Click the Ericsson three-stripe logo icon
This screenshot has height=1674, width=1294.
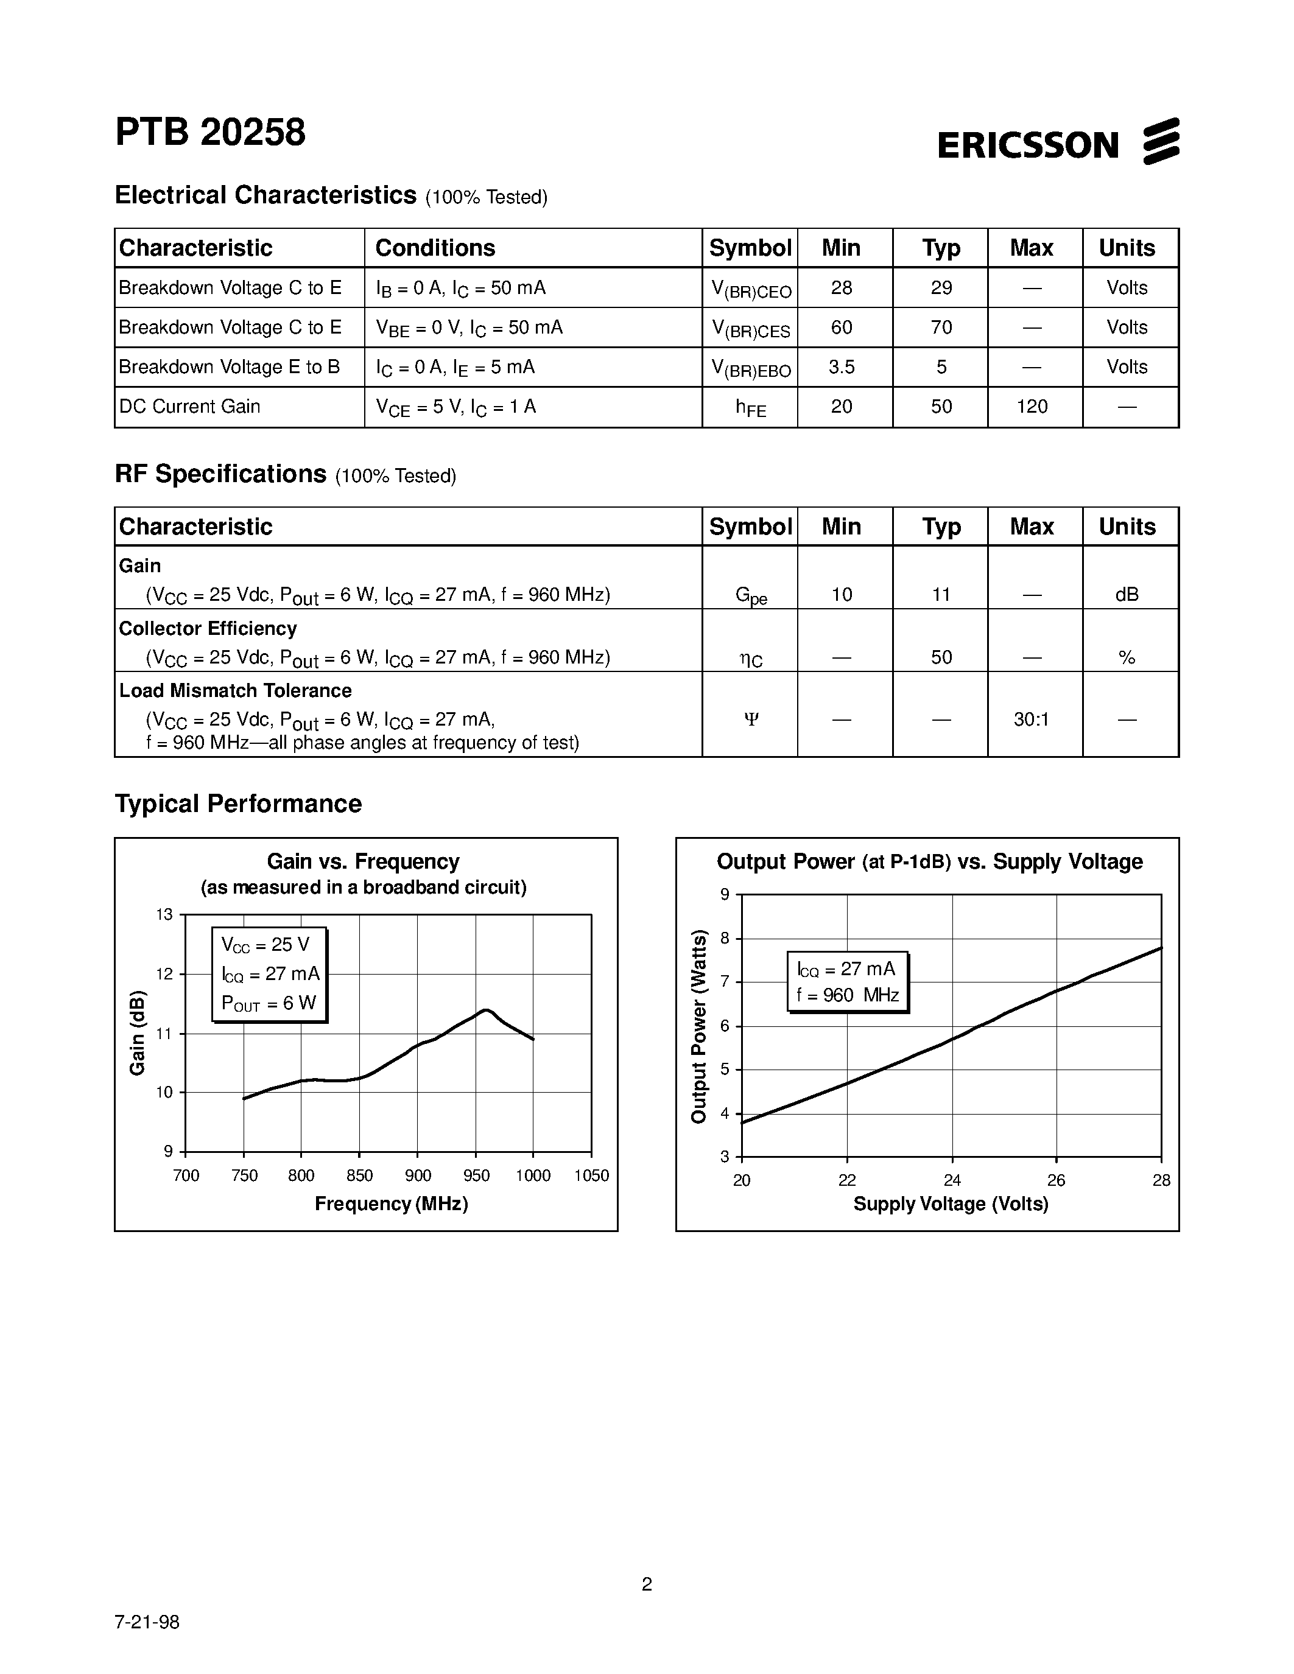click(1161, 141)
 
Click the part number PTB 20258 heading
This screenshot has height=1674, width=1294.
click(210, 133)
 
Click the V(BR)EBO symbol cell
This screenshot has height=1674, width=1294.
click(750, 369)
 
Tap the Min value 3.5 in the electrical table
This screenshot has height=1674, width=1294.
click(841, 367)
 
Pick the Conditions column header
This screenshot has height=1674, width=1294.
click(435, 248)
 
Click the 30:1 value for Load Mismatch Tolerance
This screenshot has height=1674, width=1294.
click(1031, 719)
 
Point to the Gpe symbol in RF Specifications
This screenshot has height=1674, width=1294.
click(750, 595)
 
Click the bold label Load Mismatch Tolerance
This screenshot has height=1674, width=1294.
click(234, 691)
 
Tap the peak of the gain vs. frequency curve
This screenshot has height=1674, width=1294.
click(486, 1010)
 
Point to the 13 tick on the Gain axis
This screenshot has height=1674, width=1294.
click(165, 914)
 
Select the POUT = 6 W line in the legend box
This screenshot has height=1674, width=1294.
click(269, 1003)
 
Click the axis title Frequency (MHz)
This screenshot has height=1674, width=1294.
click(391, 1203)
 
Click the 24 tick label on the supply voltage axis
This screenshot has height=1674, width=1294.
click(952, 1180)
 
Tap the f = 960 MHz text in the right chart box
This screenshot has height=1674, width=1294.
click(847, 995)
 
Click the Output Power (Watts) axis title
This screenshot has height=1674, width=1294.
click(698, 1026)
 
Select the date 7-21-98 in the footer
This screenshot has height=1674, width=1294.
click(147, 1622)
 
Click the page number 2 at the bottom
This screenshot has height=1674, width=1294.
click(646, 1585)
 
